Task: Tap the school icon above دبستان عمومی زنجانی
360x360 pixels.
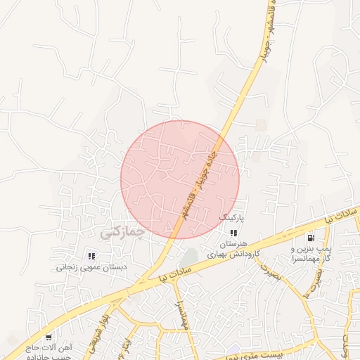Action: (91, 256)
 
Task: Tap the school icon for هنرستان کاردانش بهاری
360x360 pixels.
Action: (233, 233)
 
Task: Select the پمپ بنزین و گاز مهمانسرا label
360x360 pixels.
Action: (310, 255)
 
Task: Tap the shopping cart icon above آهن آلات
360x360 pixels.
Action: (48, 337)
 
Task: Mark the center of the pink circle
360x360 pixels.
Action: (180, 179)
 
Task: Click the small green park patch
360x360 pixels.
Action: (188, 258)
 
